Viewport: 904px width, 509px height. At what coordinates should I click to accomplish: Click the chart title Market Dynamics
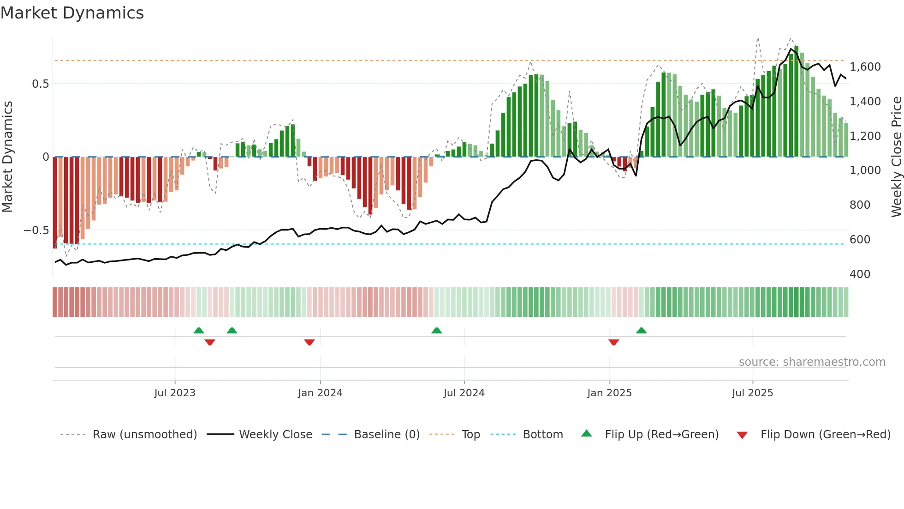point(72,13)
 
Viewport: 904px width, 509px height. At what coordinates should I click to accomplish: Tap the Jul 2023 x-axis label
point(174,393)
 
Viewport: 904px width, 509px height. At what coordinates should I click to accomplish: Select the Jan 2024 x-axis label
point(320,393)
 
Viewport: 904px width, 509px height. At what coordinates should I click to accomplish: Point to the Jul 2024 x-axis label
point(464,393)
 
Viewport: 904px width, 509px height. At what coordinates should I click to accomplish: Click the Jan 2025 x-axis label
point(609,393)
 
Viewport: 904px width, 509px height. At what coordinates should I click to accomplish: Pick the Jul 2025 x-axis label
point(752,393)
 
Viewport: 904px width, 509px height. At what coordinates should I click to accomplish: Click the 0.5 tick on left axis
point(40,84)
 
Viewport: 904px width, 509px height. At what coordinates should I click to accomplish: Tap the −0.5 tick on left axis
point(36,230)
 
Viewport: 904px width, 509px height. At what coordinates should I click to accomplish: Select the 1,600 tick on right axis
point(865,67)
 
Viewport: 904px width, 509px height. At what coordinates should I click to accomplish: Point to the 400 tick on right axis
point(860,274)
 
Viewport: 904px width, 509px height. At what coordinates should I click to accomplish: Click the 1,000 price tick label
point(865,170)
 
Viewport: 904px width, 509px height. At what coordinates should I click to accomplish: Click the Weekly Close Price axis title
point(896,157)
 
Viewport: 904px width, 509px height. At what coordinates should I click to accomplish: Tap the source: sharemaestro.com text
point(812,362)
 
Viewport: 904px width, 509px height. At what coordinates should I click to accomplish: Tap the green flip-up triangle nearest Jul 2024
point(436,330)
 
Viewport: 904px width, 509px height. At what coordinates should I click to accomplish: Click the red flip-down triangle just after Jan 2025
point(613,342)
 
